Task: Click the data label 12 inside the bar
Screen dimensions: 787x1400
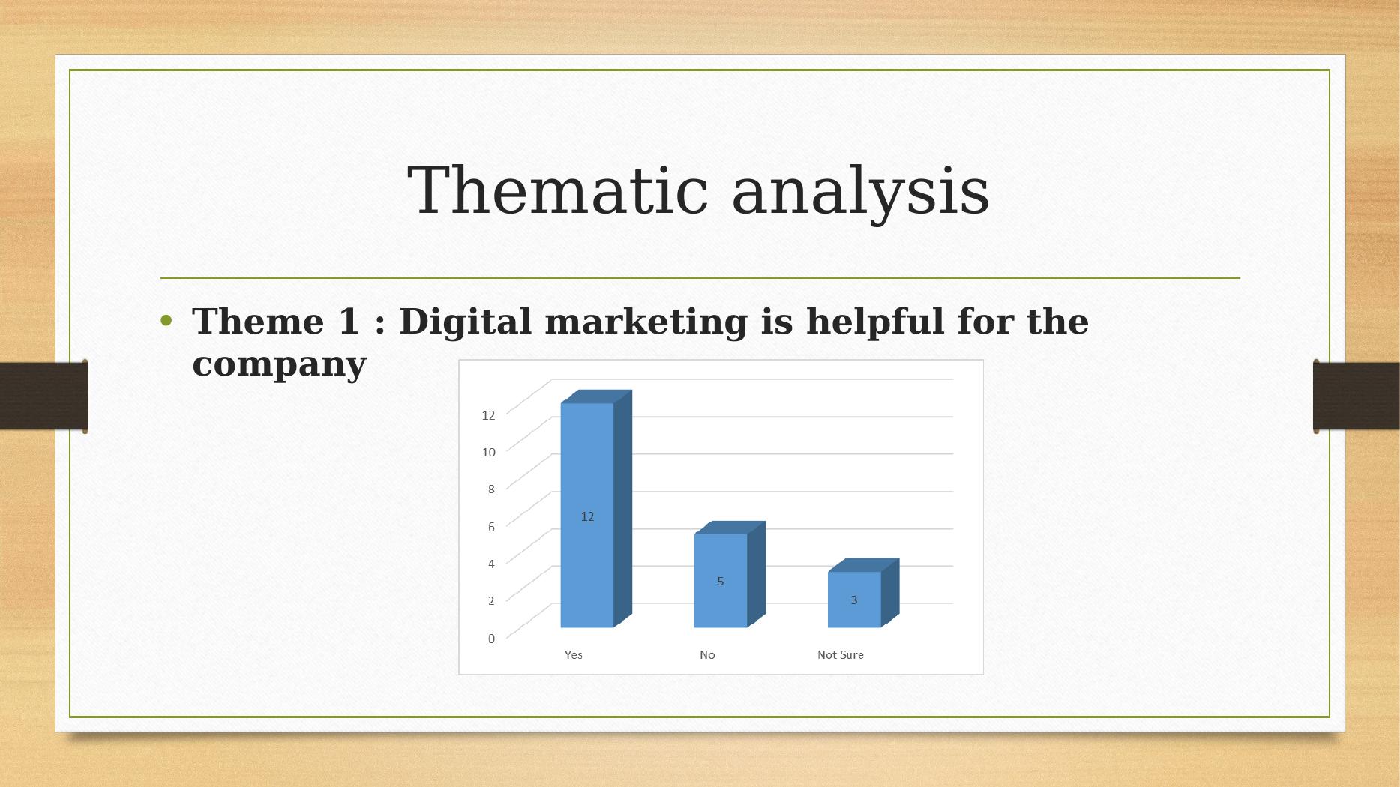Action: [x=587, y=516]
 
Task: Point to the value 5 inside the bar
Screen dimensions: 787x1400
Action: [x=720, y=581]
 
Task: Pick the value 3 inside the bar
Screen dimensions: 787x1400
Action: [x=853, y=600]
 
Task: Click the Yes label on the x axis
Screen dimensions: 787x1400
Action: [x=573, y=655]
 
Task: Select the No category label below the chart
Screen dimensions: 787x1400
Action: [x=707, y=655]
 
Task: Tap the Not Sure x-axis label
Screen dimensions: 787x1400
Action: [x=840, y=655]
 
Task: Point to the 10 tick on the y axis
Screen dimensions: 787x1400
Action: [x=488, y=452]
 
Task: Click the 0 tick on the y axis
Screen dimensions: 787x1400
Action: [x=491, y=639]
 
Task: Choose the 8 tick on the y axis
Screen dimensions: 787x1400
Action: [x=491, y=489]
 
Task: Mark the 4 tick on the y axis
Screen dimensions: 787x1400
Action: [x=491, y=564]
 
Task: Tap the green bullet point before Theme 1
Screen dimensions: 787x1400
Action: [x=166, y=322]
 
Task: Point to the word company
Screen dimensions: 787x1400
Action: [x=279, y=365]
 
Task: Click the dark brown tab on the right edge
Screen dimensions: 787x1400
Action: [x=1355, y=396]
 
